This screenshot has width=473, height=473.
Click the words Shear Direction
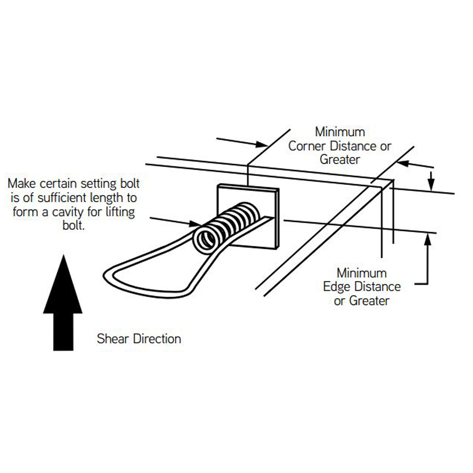click(x=139, y=339)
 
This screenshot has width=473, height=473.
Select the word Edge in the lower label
click(x=336, y=287)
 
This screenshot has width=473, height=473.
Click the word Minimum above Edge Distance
click(x=361, y=273)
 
